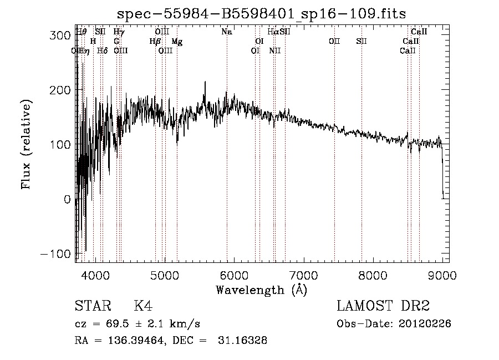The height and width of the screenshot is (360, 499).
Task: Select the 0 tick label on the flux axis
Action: (67, 199)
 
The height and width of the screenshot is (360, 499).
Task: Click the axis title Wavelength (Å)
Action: (261, 289)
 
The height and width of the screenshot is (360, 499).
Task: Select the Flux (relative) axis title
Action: (27, 144)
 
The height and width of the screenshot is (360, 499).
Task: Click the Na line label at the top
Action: (226, 32)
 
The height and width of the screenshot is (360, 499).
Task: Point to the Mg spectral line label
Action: (176, 42)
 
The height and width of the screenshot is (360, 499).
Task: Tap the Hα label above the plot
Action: (273, 32)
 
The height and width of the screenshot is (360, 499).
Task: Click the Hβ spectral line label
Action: (155, 42)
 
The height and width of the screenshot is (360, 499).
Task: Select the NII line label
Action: (275, 51)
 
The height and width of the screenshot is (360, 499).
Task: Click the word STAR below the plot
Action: (92, 306)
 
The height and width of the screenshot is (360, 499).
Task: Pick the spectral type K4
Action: (143, 306)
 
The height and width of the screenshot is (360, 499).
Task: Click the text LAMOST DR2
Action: (383, 306)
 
